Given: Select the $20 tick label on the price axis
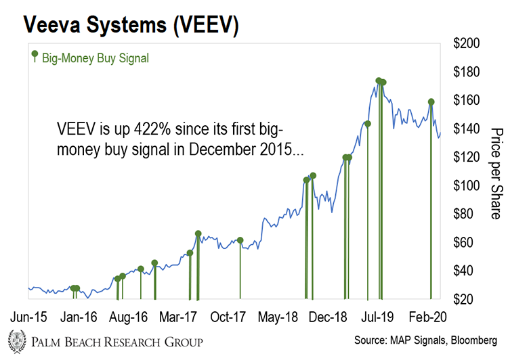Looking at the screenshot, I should [x=467, y=298].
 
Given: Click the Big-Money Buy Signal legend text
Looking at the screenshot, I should [x=95, y=58].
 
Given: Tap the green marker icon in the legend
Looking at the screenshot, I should [x=34, y=56].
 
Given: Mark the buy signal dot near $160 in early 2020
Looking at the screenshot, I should [x=431, y=102].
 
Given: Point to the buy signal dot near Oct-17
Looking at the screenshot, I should [x=240, y=240].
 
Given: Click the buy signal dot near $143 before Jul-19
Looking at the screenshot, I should [x=368, y=124].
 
